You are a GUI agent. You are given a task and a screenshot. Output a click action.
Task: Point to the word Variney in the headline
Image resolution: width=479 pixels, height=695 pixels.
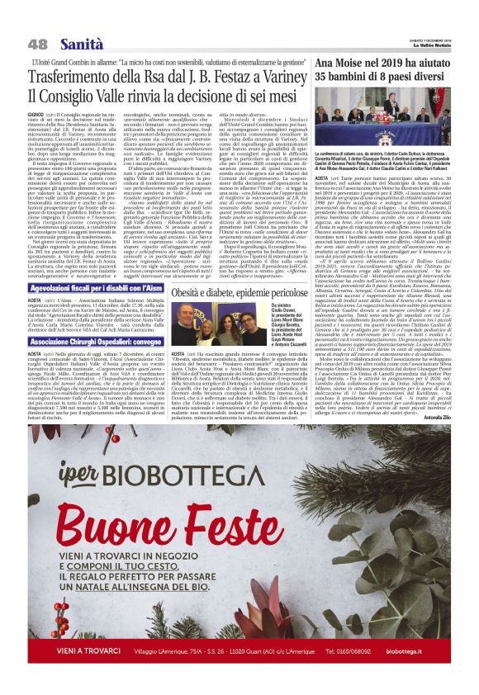coord(275,75)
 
